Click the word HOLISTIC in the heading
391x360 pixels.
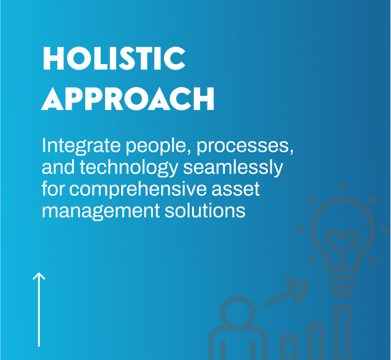(x=114, y=58)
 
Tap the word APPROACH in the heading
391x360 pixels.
(x=128, y=99)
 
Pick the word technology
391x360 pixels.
(x=127, y=168)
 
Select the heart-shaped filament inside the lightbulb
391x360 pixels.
(x=341, y=239)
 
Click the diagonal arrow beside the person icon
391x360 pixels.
(x=288, y=293)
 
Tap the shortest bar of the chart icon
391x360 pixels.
(x=288, y=348)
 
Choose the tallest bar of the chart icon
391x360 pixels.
(x=343, y=333)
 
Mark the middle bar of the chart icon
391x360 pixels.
(x=315, y=341)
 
